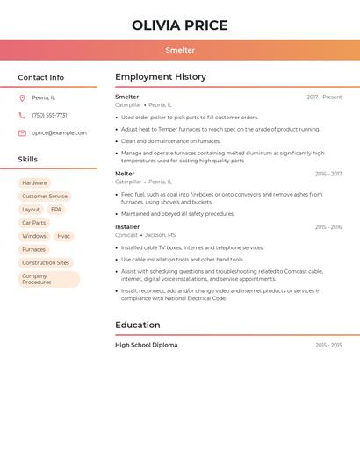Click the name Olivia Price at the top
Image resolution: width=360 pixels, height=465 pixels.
(x=180, y=25)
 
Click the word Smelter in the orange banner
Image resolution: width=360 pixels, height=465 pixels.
(x=180, y=50)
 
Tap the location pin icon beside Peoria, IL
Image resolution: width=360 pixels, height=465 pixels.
(x=22, y=98)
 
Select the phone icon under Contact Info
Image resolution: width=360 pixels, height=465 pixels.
(x=22, y=116)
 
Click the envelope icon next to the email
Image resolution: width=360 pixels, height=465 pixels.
(x=22, y=133)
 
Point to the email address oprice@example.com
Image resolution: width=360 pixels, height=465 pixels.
(x=59, y=133)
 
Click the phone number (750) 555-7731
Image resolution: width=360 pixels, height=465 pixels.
(x=49, y=116)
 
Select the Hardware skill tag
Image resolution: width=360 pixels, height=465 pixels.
(x=34, y=183)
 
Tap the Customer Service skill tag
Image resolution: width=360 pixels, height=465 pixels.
(x=45, y=197)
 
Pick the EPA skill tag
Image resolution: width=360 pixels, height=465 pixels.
(x=56, y=210)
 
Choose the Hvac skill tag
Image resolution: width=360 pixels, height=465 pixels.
(x=63, y=236)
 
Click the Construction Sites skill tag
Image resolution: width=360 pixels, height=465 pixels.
(x=46, y=262)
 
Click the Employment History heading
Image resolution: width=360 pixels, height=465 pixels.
(x=161, y=77)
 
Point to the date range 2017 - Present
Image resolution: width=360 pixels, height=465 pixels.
(x=324, y=97)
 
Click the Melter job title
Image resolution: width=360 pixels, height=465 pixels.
(x=125, y=174)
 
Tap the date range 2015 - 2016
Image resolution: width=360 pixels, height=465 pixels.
(x=328, y=227)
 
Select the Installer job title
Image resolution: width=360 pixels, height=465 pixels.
(x=127, y=227)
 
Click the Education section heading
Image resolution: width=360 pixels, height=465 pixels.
(x=138, y=325)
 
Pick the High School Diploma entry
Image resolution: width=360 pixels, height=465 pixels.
(x=146, y=345)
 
